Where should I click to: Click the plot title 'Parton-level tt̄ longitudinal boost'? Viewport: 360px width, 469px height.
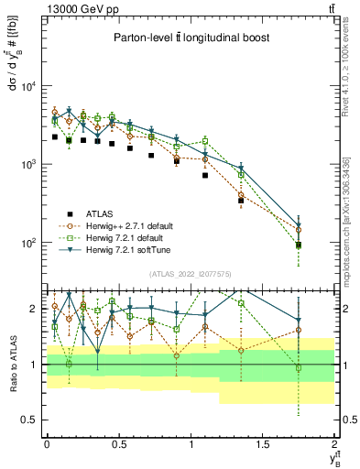tap(187, 38)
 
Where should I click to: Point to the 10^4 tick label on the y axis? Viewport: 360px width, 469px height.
tap(27, 86)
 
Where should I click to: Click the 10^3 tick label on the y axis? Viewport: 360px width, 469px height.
tap(27, 165)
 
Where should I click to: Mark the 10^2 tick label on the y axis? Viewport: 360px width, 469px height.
tap(27, 244)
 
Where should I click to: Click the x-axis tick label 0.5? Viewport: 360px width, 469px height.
tap(118, 443)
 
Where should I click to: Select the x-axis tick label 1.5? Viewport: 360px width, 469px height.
tap(263, 443)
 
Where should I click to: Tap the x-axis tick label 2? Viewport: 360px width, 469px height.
tap(334, 443)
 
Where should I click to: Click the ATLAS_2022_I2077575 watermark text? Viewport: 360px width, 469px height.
tap(189, 273)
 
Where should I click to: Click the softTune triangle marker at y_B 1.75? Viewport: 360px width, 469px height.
tap(299, 225)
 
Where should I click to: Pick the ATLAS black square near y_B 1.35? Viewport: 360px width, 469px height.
tap(241, 200)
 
